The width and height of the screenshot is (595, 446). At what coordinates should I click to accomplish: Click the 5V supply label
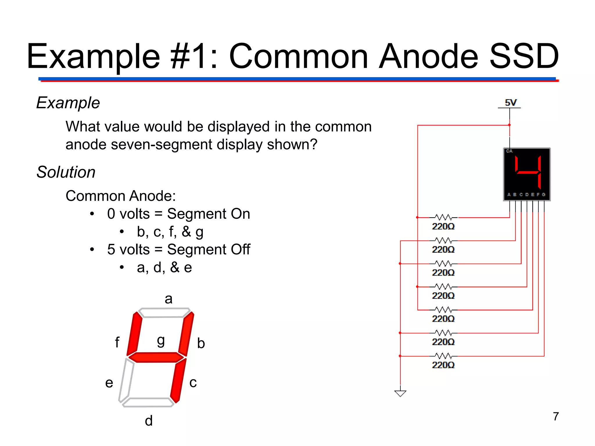pyautogui.click(x=510, y=102)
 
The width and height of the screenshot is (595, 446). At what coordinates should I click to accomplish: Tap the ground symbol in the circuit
pyautogui.click(x=400, y=393)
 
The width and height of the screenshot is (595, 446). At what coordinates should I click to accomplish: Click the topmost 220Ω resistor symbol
pyautogui.click(x=443, y=217)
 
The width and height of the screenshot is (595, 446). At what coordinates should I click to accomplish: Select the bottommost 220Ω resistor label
pyautogui.click(x=443, y=365)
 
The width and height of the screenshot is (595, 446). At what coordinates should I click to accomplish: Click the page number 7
pyautogui.click(x=556, y=416)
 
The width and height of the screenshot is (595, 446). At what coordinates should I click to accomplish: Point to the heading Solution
pyautogui.click(x=66, y=172)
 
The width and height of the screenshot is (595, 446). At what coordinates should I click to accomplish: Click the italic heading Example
pyautogui.click(x=68, y=102)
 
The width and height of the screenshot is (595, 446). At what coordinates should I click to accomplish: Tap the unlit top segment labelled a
pyautogui.click(x=164, y=313)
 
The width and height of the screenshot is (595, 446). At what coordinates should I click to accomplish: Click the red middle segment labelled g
pyautogui.click(x=156, y=357)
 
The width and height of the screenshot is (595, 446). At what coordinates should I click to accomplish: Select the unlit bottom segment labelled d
pyautogui.click(x=148, y=402)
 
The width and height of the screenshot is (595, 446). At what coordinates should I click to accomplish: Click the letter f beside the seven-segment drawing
pyautogui.click(x=117, y=342)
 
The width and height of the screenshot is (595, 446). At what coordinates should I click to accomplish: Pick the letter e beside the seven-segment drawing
pyautogui.click(x=109, y=383)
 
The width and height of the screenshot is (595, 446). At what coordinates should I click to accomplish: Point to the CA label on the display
pyautogui.click(x=509, y=151)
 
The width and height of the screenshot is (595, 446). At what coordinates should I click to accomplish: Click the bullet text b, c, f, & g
pyautogui.click(x=170, y=232)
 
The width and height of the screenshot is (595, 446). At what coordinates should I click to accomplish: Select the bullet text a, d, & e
pyautogui.click(x=164, y=267)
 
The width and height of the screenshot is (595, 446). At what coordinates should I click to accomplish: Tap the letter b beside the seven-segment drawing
pyautogui.click(x=201, y=343)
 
